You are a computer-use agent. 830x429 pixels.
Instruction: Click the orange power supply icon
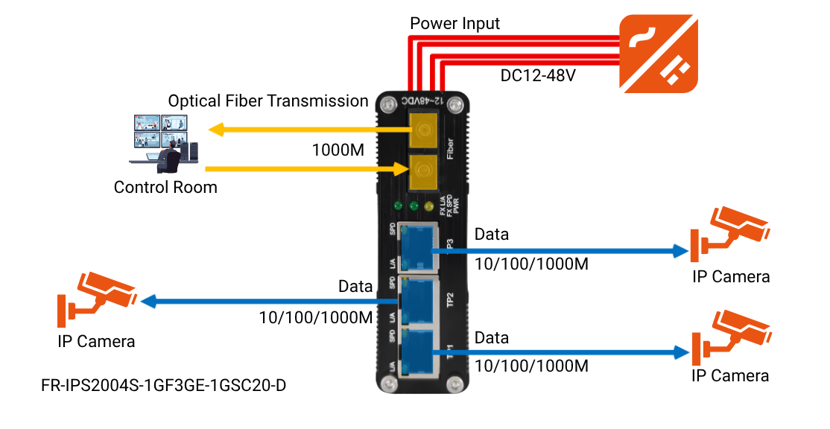[659, 54]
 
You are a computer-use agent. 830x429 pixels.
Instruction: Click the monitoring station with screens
[164, 142]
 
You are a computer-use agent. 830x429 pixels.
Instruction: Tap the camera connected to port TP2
[97, 298]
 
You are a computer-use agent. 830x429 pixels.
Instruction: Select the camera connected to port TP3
[729, 232]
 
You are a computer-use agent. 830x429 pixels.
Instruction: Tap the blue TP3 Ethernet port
[417, 248]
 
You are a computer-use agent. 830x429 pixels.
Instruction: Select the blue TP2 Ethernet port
[417, 300]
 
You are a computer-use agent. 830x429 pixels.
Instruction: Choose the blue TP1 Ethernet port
[417, 352]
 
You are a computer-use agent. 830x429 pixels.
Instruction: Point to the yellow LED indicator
[428, 206]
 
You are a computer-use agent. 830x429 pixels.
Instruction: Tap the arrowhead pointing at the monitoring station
[216, 130]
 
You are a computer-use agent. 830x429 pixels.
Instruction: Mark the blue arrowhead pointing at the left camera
[148, 302]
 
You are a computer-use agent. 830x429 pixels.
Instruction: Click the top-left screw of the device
[387, 104]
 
